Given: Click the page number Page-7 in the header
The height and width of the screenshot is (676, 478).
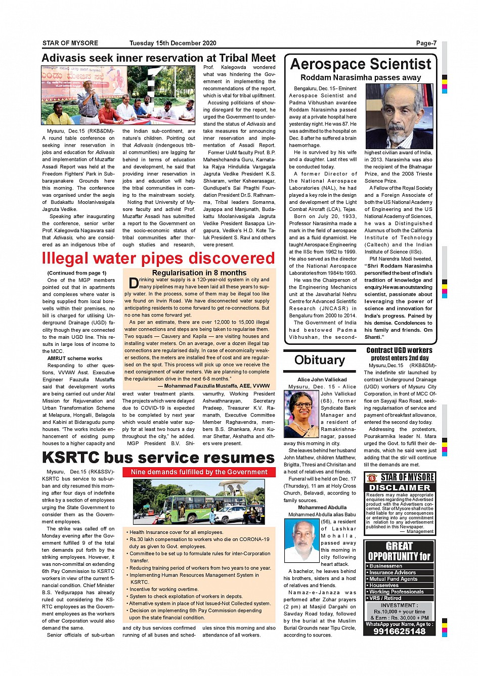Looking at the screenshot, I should (x=426, y=43).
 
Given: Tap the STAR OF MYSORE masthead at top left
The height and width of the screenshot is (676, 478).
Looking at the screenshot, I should (x=70, y=43).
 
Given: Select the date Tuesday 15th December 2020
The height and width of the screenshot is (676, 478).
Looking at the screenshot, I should (x=172, y=43).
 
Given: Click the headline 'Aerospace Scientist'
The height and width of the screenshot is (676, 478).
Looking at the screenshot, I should (x=361, y=64).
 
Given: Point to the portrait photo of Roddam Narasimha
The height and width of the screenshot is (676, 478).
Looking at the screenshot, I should (x=399, y=116).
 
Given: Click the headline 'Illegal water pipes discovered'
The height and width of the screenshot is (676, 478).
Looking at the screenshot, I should (x=158, y=258).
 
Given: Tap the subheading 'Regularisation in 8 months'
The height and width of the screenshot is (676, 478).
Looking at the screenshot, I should (x=199, y=273).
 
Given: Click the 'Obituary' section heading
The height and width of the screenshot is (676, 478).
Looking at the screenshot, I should (x=320, y=360).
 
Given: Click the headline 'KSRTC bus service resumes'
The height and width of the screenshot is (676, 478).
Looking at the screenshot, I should (x=158, y=458).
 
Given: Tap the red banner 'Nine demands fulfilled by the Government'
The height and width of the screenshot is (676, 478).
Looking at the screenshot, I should (x=199, y=472).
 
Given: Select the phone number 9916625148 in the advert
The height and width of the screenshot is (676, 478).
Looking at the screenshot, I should (x=399, y=632).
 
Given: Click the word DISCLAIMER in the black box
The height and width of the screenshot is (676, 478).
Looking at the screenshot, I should (x=400, y=487).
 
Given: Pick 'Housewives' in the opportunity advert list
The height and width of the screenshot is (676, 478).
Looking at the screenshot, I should (x=384, y=585).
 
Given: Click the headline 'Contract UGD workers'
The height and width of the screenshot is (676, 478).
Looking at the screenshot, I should (x=399, y=350).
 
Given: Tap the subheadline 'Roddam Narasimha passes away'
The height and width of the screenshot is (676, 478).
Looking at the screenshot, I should (x=361, y=77).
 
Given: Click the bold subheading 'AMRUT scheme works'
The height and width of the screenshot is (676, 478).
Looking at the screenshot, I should (x=75, y=358).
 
